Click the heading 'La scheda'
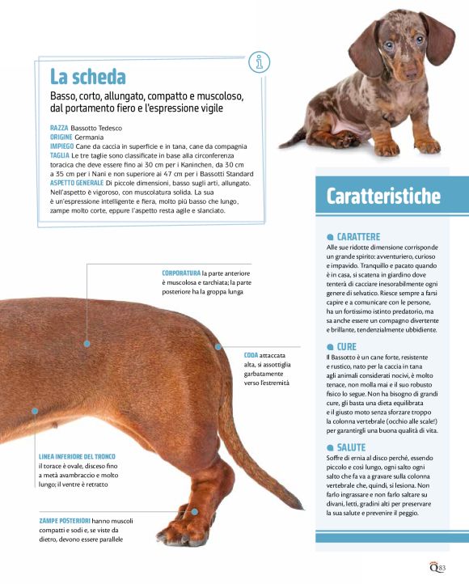click(x=88, y=77)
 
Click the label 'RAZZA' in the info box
click(x=59, y=129)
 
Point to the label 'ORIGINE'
click(x=61, y=138)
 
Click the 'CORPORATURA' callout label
click(x=181, y=273)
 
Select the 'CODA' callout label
click(x=251, y=355)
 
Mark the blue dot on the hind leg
click(x=194, y=511)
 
